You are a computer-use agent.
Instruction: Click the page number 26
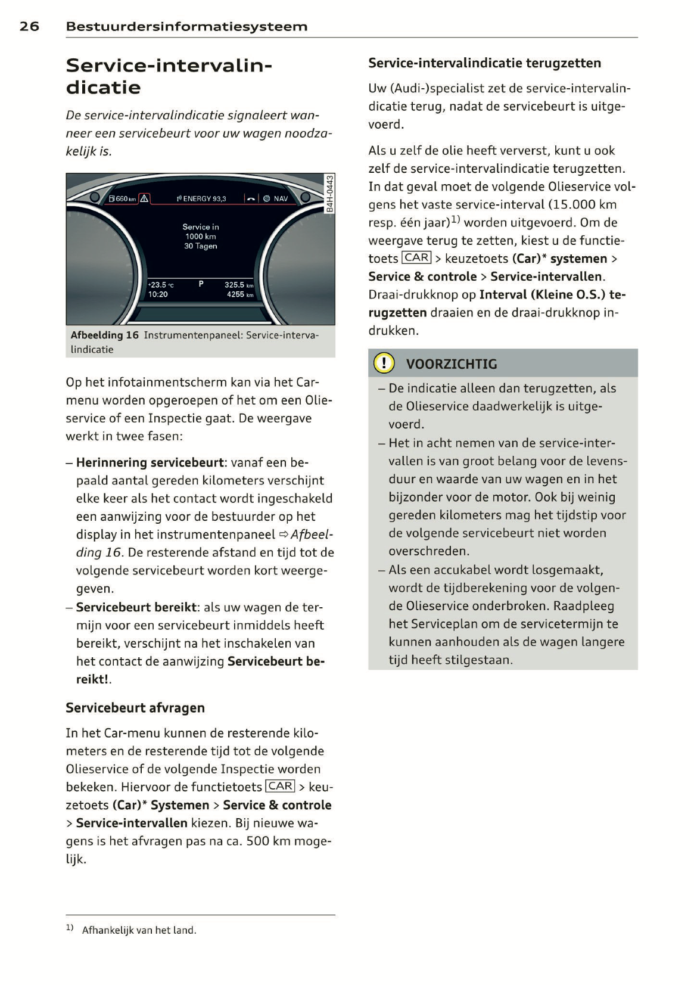point(29,26)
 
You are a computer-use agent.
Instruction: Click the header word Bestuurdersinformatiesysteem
point(186,26)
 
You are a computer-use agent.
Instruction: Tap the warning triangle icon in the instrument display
point(145,198)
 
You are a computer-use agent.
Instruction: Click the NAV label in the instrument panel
point(281,199)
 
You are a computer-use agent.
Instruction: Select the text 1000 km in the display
point(200,237)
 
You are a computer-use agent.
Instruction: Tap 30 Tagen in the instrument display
point(200,246)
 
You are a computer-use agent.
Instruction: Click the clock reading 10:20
point(158,294)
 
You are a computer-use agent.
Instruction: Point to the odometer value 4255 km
point(239,294)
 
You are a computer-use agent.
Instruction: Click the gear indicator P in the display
point(201,284)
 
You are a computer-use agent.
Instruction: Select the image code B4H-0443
point(329,193)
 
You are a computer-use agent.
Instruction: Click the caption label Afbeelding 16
point(104,335)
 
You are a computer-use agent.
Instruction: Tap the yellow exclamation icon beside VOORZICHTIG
point(384,363)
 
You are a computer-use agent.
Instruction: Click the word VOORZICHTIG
point(451,364)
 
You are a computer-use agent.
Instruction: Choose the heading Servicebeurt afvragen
point(135,708)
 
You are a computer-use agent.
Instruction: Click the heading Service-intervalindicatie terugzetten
point(484,63)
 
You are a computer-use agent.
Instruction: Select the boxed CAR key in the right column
point(416,257)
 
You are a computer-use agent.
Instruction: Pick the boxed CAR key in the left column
point(280,786)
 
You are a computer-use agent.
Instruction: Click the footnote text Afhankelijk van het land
point(139,930)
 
